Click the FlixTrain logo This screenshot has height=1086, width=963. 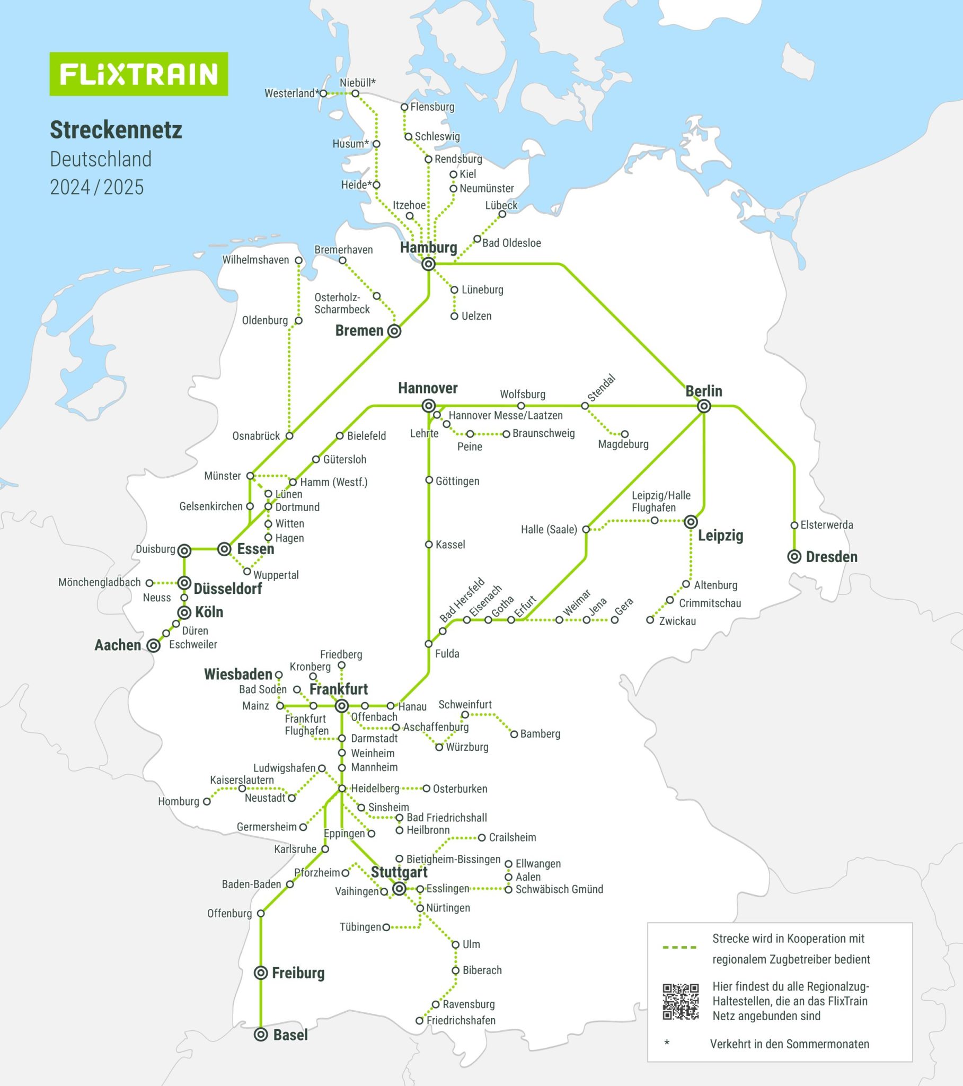pos(139,74)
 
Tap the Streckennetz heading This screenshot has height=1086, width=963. pos(116,130)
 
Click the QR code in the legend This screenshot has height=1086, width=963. pos(681,1002)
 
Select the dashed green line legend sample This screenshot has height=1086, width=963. pos(679,947)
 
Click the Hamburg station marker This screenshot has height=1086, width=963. pos(428,264)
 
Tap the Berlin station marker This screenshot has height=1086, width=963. pos(704,406)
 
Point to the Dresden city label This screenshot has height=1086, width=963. pos(831,557)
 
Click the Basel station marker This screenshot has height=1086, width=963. pos(260,1035)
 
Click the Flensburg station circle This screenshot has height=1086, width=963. pos(404,107)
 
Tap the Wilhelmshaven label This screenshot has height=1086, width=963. pos(255,260)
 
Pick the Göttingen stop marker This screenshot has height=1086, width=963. pos(429,480)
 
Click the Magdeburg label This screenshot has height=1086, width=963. pos(623,444)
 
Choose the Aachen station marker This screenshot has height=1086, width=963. pos(154,646)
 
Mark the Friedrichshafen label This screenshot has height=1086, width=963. pos(461,1020)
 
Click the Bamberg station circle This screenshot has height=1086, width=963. pos(514,734)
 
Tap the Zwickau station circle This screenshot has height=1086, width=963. pos(650,620)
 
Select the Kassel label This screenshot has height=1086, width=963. pos(450,545)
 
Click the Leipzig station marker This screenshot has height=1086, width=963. pos(691,522)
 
